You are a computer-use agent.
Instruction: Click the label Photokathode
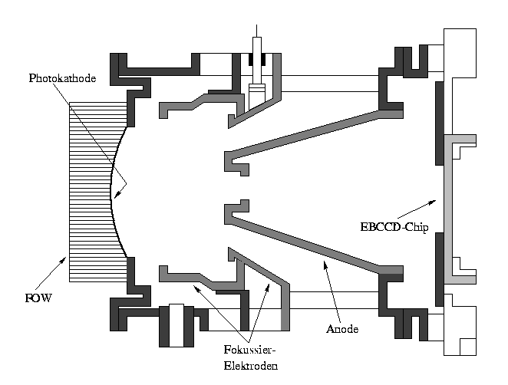[62, 79]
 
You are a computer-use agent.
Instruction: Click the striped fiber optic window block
[88, 192]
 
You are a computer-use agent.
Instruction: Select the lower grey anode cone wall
[315, 245]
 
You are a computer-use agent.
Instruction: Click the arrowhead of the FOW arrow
[67, 259]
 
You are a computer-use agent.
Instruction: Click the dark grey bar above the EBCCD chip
[439, 123]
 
